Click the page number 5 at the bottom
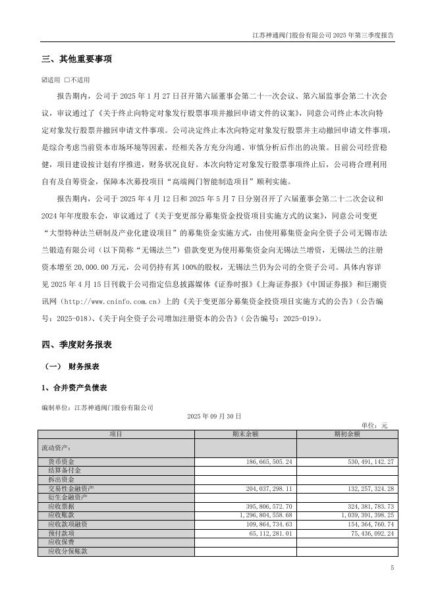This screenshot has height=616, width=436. [x=391, y=567]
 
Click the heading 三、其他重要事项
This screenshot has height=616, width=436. [x=76, y=59]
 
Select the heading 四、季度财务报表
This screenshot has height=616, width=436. [x=76, y=344]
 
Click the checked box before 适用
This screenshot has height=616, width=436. [x=44, y=80]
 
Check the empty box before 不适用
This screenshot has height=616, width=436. [x=67, y=80]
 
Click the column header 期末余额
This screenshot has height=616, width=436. [x=245, y=434]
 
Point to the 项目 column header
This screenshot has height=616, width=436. [x=116, y=434]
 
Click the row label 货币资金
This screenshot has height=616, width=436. [x=61, y=462]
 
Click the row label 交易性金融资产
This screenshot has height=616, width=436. [x=70, y=488]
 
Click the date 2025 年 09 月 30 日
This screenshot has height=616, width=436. [x=214, y=417]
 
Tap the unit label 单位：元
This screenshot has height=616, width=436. [x=375, y=425]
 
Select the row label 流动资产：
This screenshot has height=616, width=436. [x=58, y=448]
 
